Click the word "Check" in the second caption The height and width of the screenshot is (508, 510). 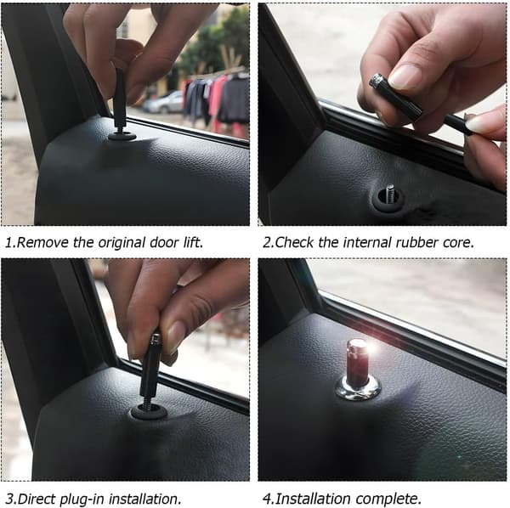coord(294,242)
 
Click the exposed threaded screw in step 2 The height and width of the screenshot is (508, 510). coord(390,194)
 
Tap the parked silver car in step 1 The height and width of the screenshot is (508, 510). coord(163,103)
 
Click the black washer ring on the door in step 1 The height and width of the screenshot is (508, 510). coord(122,136)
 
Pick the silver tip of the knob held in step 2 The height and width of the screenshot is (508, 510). coord(377,80)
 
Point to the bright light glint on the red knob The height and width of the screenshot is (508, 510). coord(371,349)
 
